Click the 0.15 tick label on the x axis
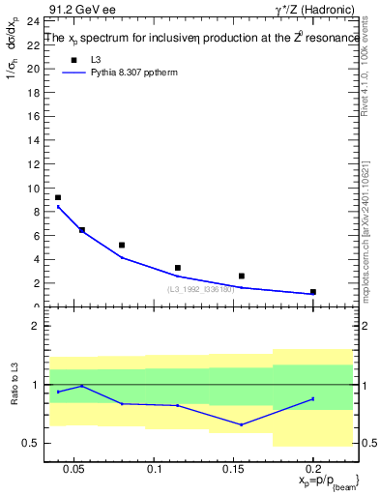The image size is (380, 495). tap(233, 469)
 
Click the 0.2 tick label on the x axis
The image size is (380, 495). tap(313, 469)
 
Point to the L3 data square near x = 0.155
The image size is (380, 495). tap(242, 276)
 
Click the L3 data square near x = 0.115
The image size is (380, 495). tap(178, 268)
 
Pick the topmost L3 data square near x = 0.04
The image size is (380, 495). tap(58, 197)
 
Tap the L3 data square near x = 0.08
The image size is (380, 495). tap(122, 245)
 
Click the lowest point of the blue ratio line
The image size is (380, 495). tap(242, 424)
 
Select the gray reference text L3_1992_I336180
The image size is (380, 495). tap(202, 288)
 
